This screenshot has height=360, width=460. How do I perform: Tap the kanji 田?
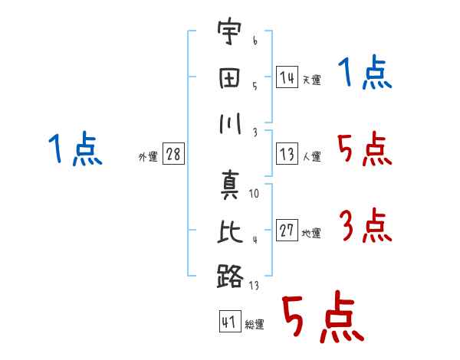(x=229, y=78)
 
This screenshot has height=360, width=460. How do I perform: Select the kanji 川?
(x=229, y=123)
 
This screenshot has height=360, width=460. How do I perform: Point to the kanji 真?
(x=229, y=186)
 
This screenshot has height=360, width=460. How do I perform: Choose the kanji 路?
(x=229, y=276)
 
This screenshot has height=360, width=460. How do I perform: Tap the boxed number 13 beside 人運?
(x=287, y=153)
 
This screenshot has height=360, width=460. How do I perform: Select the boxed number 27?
(x=287, y=231)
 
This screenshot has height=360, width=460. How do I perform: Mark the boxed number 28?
(x=173, y=154)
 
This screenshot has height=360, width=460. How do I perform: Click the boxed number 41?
(x=228, y=322)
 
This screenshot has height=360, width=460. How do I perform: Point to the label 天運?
(x=311, y=80)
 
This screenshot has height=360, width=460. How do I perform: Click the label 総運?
(x=255, y=325)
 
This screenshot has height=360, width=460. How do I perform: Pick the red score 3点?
(x=364, y=227)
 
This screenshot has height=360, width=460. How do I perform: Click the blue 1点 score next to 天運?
(x=364, y=74)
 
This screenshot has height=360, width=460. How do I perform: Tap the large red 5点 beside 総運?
(x=320, y=318)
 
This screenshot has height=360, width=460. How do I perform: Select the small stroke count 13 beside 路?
(x=255, y=286)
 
